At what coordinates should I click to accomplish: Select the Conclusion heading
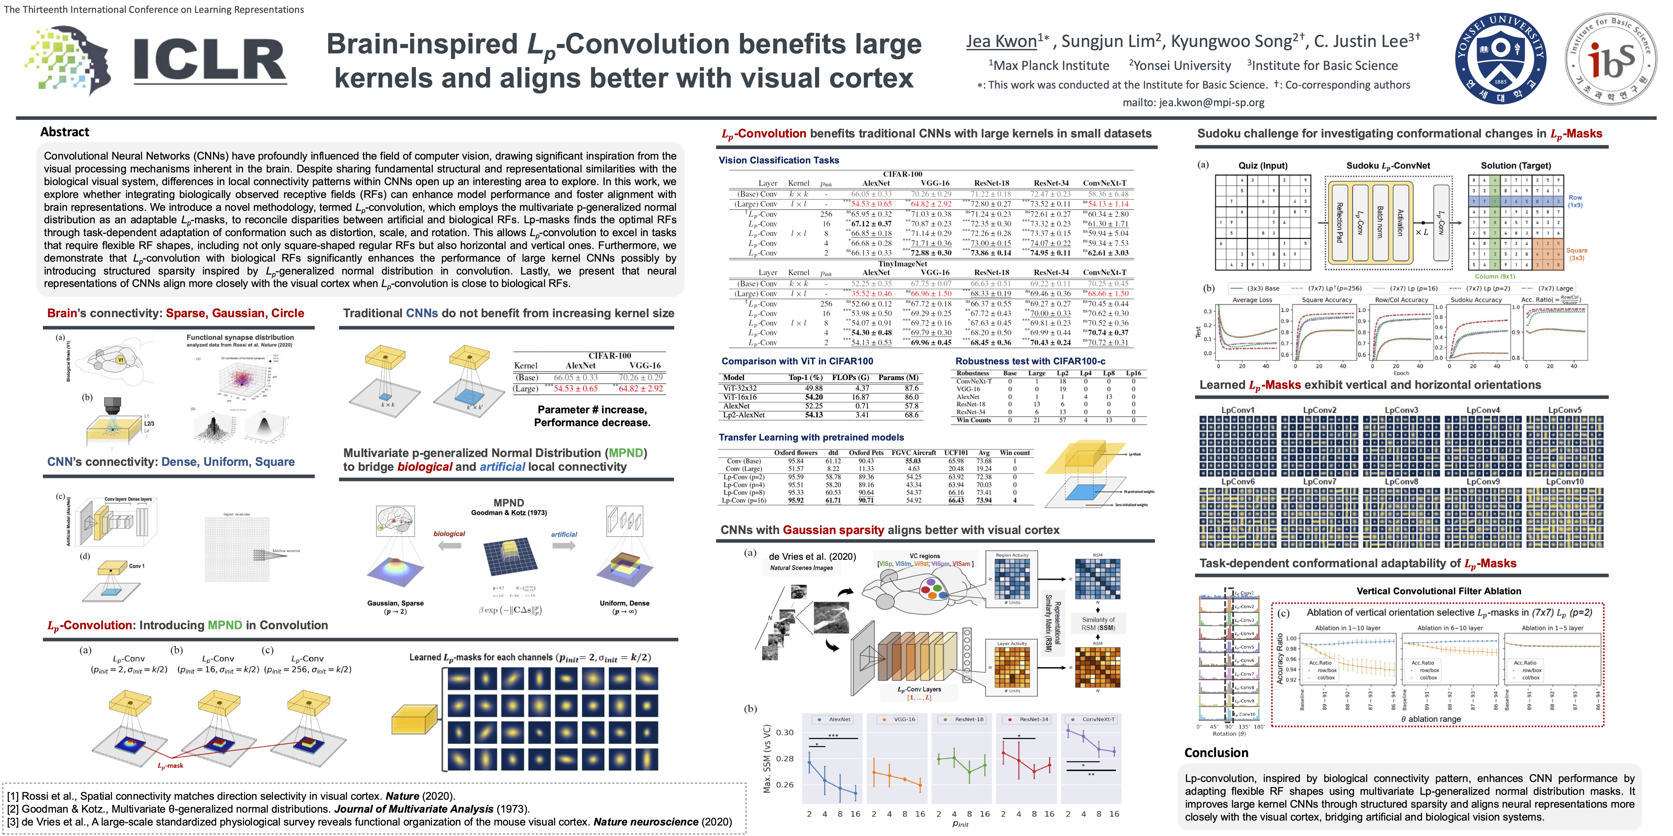[x=1216, y=753]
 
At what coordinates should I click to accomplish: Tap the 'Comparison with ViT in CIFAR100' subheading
[x=797, y=362]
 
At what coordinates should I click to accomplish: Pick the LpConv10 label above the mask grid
[x=1565, y=482]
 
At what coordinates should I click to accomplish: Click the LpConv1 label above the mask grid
[x=1238, y=410]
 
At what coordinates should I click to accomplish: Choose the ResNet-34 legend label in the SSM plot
[x=1033, y=719]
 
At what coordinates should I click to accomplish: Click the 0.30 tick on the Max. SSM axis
[x=785, y=732]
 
